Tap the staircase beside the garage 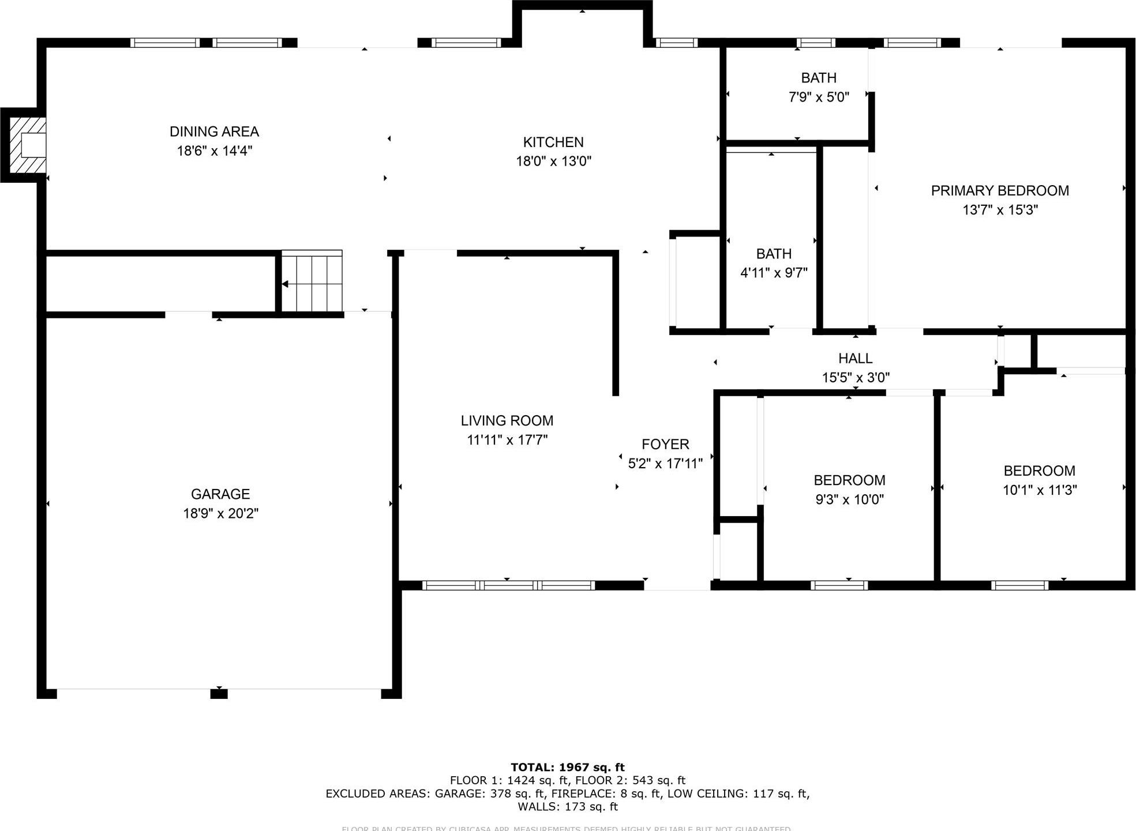312,282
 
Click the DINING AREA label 214,131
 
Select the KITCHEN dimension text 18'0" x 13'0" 553,161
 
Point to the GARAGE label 220,494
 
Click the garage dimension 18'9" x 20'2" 220,513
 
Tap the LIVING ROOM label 507,421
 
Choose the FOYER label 665,444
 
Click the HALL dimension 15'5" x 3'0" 856,378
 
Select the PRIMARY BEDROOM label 1000,191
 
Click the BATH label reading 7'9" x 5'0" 819,78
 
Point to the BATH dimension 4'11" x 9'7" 774,273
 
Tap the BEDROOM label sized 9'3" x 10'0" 849,480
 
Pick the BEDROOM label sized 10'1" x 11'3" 1039,471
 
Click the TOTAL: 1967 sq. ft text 568,767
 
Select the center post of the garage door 219,693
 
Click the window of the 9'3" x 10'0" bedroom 839,585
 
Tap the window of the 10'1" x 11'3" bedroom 1019,585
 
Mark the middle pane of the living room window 508,585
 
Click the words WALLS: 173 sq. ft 568,807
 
